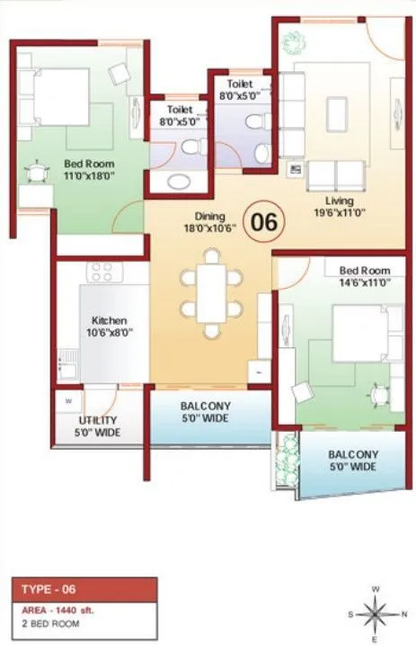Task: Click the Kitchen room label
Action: (x=109, y=326)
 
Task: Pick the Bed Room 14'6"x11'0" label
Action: (x=364, y=276)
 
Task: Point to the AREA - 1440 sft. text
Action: (x=58, y=609)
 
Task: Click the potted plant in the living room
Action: (x=293, y=40)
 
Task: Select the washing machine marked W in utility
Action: (x=68, y=399)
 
